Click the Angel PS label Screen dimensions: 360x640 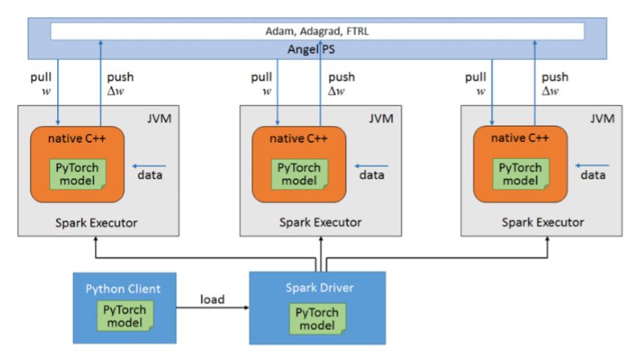[320, 50]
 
